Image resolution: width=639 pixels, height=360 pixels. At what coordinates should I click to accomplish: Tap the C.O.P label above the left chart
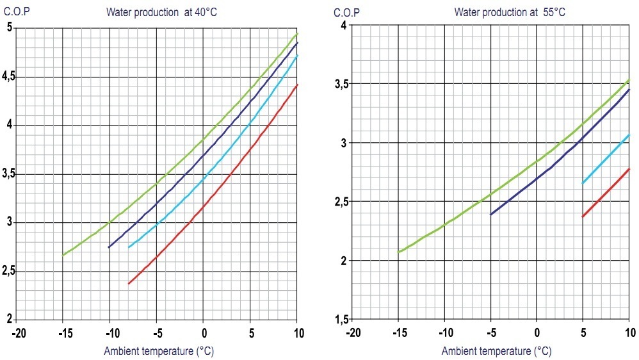tap(16, 10)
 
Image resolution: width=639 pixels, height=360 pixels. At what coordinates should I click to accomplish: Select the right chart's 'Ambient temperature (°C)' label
tap(496, 351)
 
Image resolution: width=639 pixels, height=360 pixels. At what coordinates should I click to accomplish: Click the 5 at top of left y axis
tap(9, 28)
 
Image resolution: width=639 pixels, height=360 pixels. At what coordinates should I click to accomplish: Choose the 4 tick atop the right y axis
tap(343, 25)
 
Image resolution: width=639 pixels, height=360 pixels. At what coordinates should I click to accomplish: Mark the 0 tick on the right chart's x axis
tap(537, 333)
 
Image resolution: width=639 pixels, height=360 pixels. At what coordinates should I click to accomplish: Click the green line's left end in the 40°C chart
tap(63, 254)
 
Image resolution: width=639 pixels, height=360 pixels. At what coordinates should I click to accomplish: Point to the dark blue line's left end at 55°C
tap(491, 214)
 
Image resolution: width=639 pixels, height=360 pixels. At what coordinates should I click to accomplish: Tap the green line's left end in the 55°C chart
tap(399, 252)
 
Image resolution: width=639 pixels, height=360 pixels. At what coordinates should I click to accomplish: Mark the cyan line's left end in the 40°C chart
tap(129, 247)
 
